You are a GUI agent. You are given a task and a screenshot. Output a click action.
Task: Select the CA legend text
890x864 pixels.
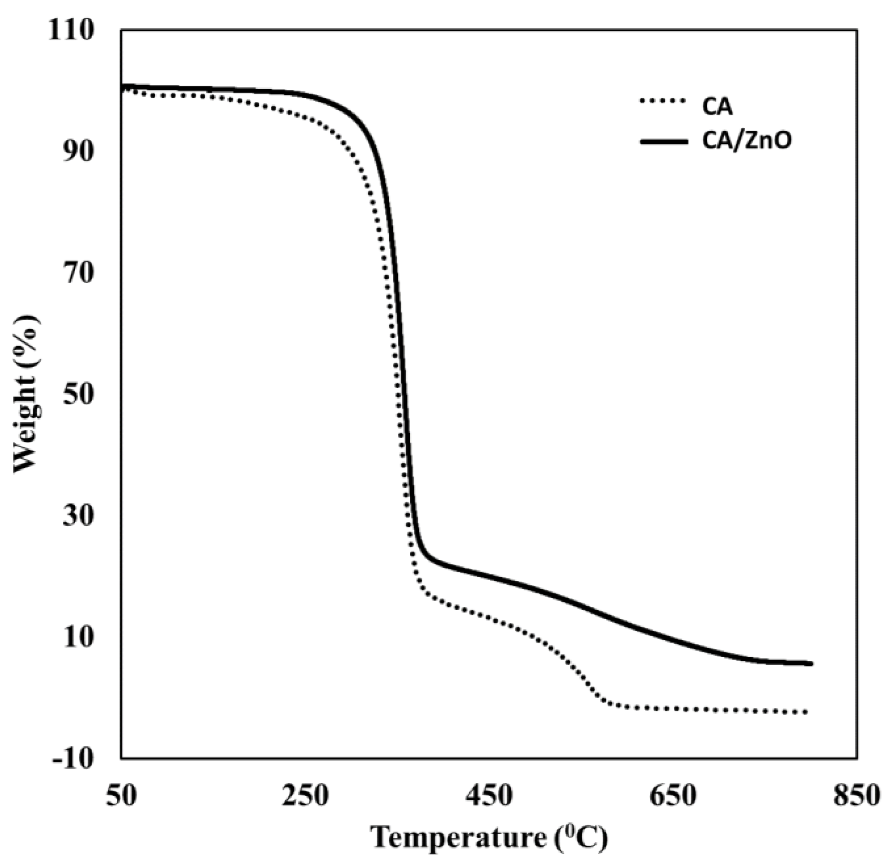(717, 108)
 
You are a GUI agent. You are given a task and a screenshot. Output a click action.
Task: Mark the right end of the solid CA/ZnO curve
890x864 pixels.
(811, 664)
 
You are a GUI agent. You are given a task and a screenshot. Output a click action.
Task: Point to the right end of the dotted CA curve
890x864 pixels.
(806, 712)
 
